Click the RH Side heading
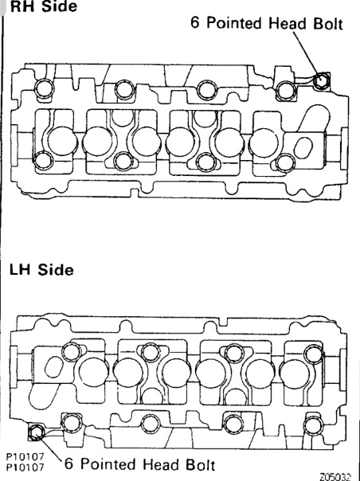point(43,6)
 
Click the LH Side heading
point(41,270)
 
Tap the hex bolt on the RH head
point(321,80)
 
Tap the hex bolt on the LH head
point(36,432)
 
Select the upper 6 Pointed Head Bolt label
point(266,23)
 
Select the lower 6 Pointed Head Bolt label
point(139,464)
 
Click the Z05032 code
point(335,477)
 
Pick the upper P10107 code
point(25,457)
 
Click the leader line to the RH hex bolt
point(307,53)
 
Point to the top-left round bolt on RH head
point(44,88)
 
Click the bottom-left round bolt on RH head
point(43,161)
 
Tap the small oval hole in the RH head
point(303,147)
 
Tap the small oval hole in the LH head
point(54,367)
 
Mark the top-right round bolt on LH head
point(314,354)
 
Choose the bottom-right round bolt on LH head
point(313,426)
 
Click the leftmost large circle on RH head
point(62,142)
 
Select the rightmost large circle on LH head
point(295,374)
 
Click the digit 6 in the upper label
point(195,23)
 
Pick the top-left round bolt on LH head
point(72,352)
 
